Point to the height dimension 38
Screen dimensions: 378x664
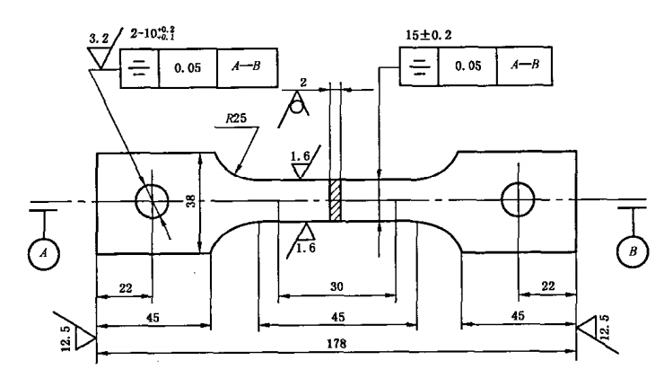click(x=191, y=202)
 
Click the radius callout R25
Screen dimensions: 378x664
click(x=237, y=119)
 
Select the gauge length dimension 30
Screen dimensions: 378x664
click(x=336, y=286)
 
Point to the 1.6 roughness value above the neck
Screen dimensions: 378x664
click(x=302, y=156)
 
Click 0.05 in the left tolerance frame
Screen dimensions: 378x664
click(x=188, y=66)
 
